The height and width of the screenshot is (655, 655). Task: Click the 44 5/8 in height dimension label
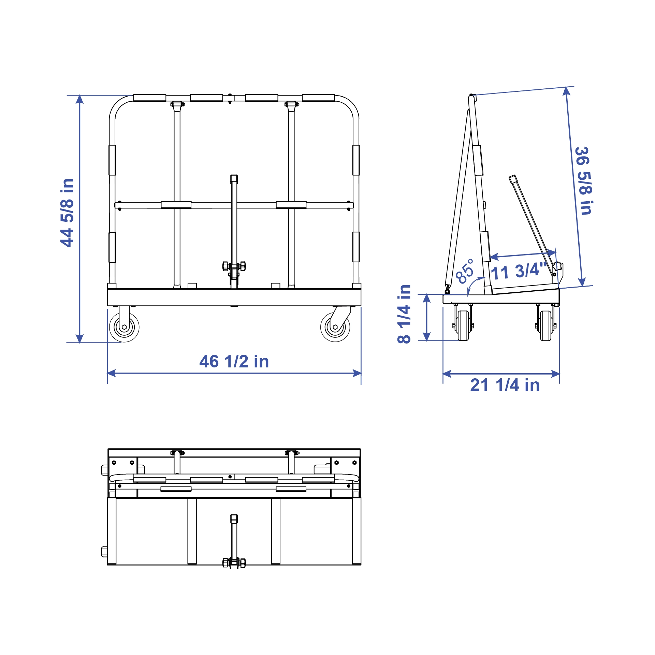tap(67, 213)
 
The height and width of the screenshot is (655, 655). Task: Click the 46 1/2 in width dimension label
tap(234, 362)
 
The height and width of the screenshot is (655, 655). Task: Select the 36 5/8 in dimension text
tap(584, 181)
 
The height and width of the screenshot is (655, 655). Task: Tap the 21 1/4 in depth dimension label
tap(505, 385)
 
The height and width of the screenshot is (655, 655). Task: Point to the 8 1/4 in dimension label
tap(404, 314)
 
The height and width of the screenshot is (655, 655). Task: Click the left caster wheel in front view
tap(124, 327)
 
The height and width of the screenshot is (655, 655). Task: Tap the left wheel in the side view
tap(463, 325)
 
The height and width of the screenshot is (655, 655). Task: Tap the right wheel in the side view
tap(545, 325)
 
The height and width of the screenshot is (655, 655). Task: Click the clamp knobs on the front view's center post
tap(234, 266)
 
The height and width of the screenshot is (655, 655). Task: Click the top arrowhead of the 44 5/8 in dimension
tap(79, 99)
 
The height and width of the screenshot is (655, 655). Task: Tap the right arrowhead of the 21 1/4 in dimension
tap(556, 374)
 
